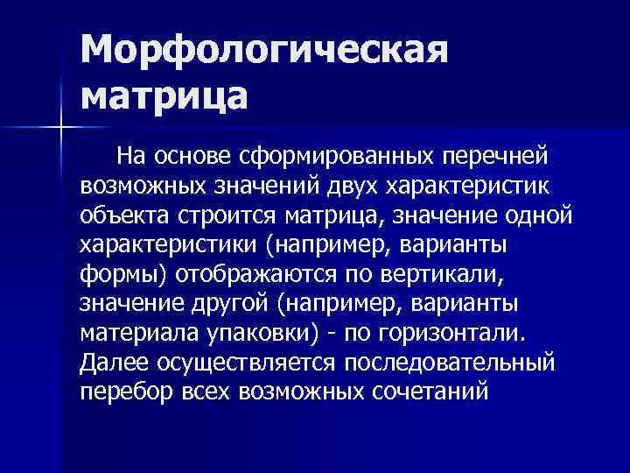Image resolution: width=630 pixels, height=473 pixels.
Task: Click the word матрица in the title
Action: click(x=165, y=95)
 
